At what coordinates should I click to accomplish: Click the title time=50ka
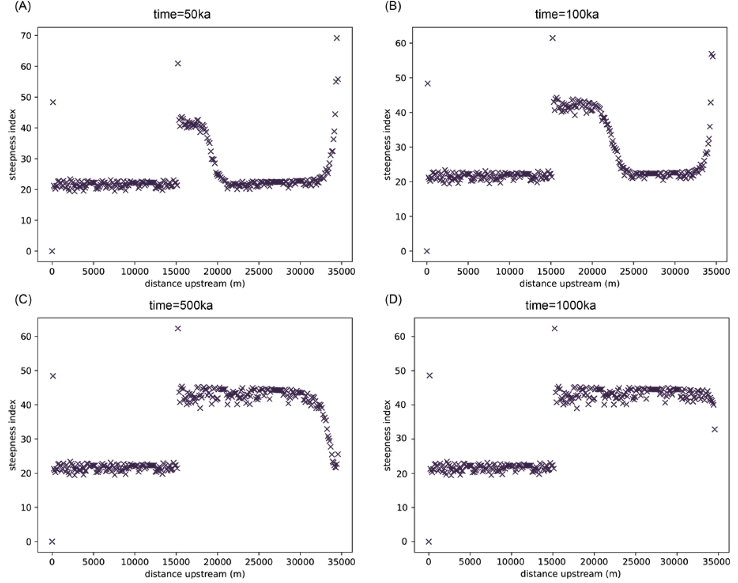click(x=182, y=15)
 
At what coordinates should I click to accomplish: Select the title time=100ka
click(x=566, y=15)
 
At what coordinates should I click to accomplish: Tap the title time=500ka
click(x=181, y=306)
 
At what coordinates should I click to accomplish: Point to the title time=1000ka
click(x=560, y=306)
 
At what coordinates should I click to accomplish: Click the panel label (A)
click(x=23, y=7)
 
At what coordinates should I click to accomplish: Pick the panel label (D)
click(x=393, y=300)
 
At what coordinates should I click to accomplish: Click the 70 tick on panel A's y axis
click(x=26, y=35)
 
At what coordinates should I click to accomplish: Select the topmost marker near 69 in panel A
click(x=337, y=38)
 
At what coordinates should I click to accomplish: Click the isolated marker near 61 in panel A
click(x=178, y=63)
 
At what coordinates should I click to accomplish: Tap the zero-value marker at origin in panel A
click(x=52, y=251)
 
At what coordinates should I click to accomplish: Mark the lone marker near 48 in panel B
click(x=428, y=84)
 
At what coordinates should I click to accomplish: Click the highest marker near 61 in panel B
click(x=552, y=38)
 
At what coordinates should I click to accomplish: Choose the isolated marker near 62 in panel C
click(x=178, y=328)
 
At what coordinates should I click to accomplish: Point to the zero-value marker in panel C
click(x=52, y=542)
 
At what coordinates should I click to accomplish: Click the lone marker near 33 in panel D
click(x=714, y=429)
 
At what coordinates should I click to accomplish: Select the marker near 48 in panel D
click(x=429, y=376)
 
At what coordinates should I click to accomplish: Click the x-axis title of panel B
click(x=569, y=283)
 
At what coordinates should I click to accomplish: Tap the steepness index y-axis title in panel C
click(x=13, y=435)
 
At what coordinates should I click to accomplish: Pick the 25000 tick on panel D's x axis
click(x=633, y=562)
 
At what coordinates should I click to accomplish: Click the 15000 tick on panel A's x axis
click(x=176, y=271)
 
